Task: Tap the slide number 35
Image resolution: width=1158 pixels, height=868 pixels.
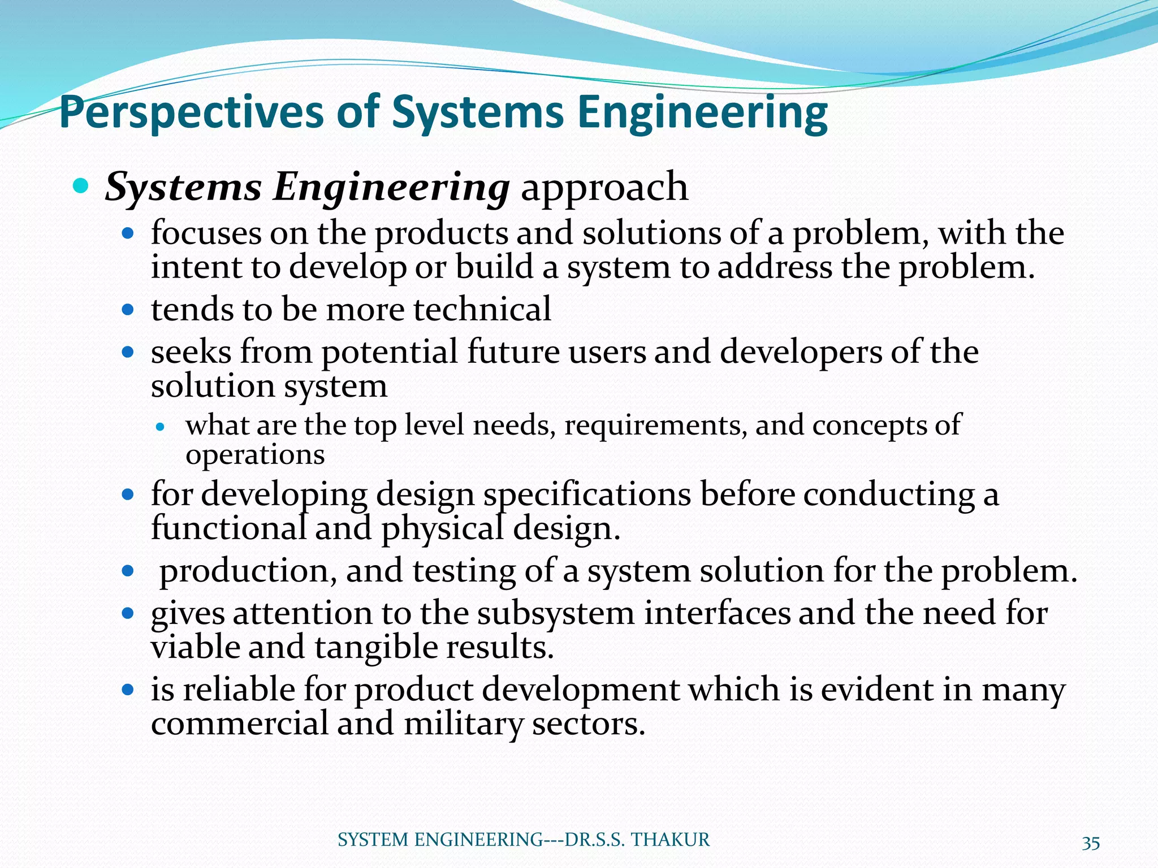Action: [x=1091, y=843]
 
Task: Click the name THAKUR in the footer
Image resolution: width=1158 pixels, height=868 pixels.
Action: [x=670, y=840]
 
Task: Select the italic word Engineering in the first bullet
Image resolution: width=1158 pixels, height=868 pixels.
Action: [x=391, y=188]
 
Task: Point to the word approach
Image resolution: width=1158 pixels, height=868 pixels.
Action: [x=604, y=188]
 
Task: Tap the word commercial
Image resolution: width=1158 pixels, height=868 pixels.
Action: [x=240, y=724]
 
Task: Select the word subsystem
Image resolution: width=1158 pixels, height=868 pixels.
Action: [x=556, y=614]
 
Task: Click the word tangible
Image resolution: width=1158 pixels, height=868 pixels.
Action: [x=375, y=647]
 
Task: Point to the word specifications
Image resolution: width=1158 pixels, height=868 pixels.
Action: [x=587, y=495]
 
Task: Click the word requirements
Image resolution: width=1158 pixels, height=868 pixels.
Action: [x=655, y=425]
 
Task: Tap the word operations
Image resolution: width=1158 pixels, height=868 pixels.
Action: [x=255, y=455]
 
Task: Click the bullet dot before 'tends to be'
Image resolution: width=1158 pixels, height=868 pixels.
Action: [x=128, y=310]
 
